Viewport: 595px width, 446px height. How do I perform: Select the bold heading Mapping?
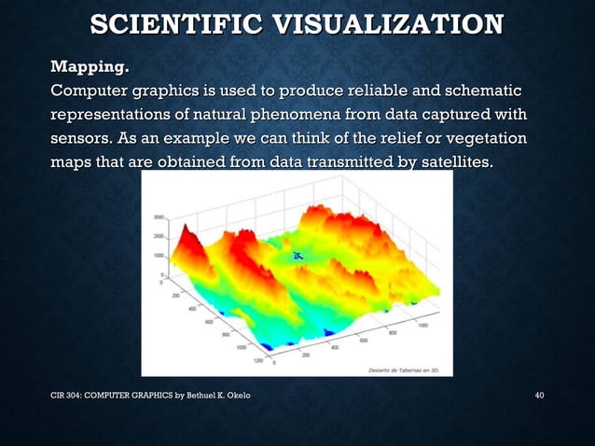[90, 67]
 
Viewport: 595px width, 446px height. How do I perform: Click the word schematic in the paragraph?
[481, 91]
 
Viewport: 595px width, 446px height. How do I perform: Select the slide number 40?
[538, 398]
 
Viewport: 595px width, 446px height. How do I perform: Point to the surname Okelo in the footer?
[234, 398]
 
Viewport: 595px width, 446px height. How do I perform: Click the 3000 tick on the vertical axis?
[158, 216]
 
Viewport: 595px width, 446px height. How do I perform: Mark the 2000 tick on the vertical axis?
[158, 237]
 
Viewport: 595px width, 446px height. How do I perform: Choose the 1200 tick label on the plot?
[258, 361]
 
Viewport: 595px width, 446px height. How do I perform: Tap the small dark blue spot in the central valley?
[298, 255]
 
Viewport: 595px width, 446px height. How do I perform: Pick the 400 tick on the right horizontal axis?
[333, 347]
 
